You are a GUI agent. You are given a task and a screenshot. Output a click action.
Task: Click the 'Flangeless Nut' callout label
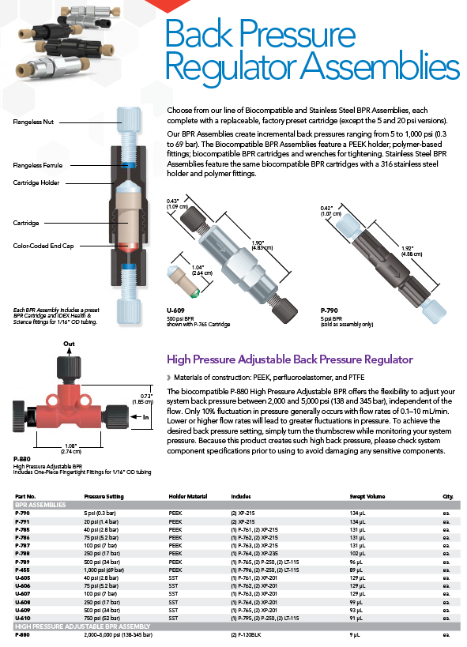click(33, 122)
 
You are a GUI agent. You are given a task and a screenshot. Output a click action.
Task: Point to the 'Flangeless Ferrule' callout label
click(38, 165)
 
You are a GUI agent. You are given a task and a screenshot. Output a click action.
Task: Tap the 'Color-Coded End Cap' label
click(43, 246)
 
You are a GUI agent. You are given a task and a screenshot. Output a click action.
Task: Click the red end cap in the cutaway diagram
click(128, 247)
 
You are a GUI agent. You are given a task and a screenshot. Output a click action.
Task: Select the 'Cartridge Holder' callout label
click(36, 182)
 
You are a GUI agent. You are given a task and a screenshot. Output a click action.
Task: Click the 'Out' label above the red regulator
click(69, 344)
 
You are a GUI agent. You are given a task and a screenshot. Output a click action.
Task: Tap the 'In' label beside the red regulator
click(145, 417)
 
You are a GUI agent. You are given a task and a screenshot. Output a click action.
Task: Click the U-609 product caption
click(175, 310)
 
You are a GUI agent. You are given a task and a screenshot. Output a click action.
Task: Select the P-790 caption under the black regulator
click(329, 310)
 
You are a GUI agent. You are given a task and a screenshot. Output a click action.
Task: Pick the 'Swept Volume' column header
click(367, 496)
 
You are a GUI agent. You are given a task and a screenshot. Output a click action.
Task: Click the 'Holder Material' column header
click(188, 496)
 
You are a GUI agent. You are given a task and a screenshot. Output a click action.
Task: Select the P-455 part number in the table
click(22, 570)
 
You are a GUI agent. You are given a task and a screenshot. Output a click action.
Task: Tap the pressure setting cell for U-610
click(102, 618)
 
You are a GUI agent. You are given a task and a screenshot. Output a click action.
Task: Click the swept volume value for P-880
click(354, 634)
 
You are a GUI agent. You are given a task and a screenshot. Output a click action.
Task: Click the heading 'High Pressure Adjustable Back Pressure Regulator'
click(289, 359)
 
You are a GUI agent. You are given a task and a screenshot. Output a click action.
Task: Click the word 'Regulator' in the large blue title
click(231, 66)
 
